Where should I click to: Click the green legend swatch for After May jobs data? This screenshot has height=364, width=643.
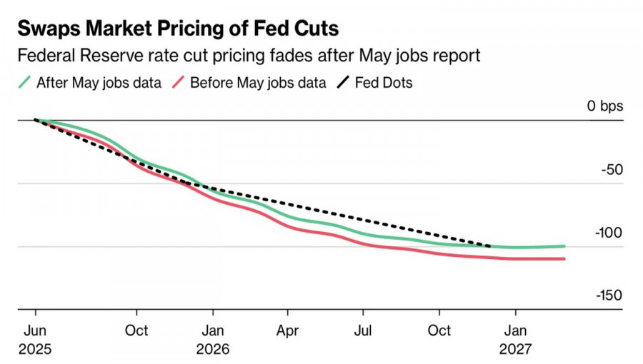coord(24,83)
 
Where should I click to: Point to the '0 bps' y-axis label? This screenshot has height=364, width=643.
coord(605,106)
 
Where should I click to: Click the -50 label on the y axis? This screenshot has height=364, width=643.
coord(612,170)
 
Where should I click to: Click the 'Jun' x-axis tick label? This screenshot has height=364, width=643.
coord(36,330)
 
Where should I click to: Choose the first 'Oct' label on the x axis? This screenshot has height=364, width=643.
coord(136,330)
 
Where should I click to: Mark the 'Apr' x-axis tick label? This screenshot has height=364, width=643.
coord(287,330)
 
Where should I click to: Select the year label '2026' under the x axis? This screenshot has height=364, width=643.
coord(212,350)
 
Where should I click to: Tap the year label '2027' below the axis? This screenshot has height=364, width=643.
coord(516,350)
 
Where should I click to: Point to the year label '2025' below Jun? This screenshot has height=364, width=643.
coord(36,350)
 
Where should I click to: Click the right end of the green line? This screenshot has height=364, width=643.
coord(564,246)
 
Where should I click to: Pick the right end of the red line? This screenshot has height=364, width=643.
coord(564,258)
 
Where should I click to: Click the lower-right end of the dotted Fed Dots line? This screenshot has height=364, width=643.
coord(489,246)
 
